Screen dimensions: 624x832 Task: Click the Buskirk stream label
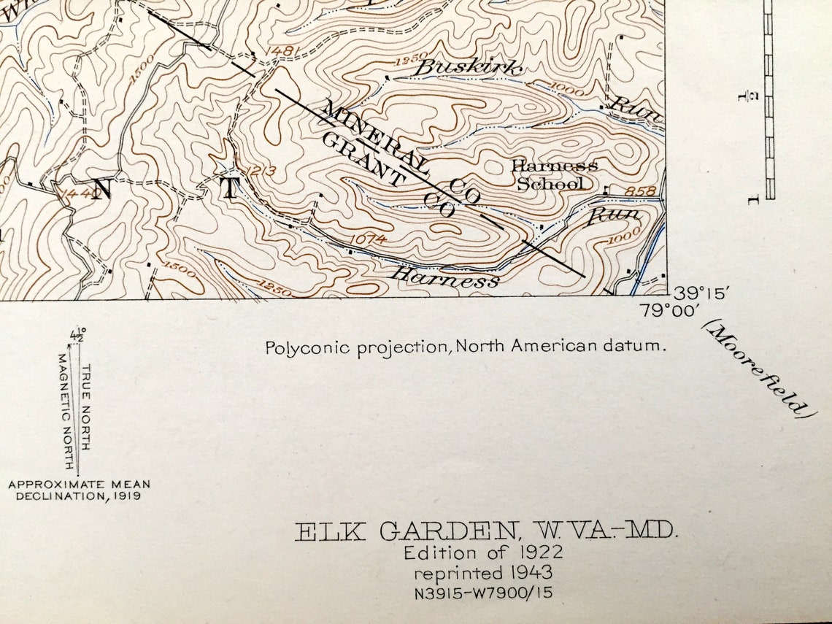(x=469, y=68)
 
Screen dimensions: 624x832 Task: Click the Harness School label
(x=553, y=174)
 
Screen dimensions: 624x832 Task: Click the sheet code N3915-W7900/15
(x=483, y=592)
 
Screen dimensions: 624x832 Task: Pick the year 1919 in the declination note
(x=124, y=496)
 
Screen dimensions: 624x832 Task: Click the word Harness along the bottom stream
(x=446, y=277)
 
